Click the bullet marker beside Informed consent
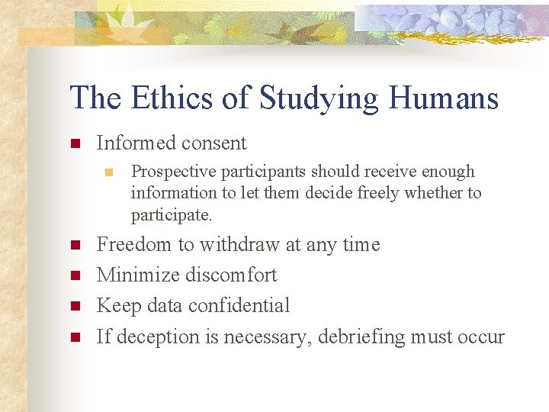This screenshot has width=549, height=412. tap(75, 143)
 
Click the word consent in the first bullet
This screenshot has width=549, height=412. tap(218, 143)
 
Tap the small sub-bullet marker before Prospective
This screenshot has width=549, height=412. tap(110, 172)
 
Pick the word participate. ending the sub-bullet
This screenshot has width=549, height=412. tap(172, 215)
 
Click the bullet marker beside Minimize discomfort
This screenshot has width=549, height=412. tap(75, 275)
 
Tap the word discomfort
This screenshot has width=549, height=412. tap(234, 275)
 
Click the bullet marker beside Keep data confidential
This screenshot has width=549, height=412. tap(75, 306)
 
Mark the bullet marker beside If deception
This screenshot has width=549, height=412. tap(75, 336)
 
